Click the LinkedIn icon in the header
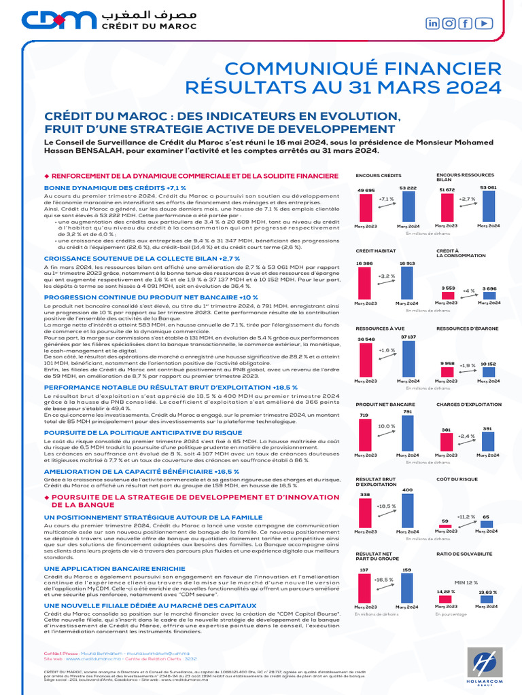[433, 23]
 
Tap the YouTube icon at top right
[484, 23]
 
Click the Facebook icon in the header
[466, 23]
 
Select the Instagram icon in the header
[449, 23]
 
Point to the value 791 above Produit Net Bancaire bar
[407, 411]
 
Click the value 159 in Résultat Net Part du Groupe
[407, 569]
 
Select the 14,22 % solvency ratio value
[446, 592]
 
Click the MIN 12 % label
[466, 582]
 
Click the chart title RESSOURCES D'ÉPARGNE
[463, 329]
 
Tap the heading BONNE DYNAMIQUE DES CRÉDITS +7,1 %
[115, 187]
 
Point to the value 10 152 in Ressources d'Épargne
[488, 364]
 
